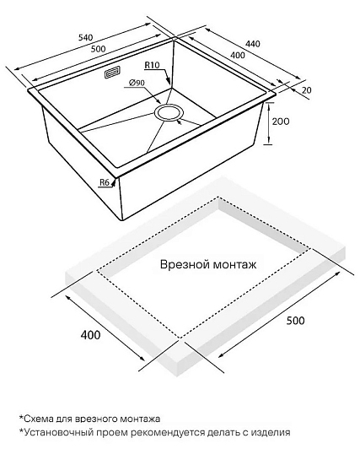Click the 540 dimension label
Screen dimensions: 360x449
pyautogui.click(x=85, y=37)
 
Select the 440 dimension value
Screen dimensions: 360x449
pyautogui.click(x=253, y=44)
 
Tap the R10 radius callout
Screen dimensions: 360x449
pyautogui.click(x=152, y=65)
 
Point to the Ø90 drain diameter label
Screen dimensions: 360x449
pyautogui.click(x=137, y=83)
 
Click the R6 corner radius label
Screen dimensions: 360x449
pyautogui.click(x=105, y=182)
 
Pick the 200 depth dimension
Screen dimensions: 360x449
pyautogui.click(x=281, y=122)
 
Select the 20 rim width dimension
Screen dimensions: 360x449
pyautogui.click(x=306, y=90)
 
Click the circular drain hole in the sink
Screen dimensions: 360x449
pyautogui.click(x=168, y=112)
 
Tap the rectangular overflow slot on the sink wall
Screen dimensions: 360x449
pyautogui.click(x=112, y=73)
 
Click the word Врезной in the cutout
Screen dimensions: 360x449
pyautogui.click(x=184, y=264)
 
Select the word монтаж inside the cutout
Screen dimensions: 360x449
pyautogui.click(x=234, y=265)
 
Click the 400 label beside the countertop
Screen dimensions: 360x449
pyautogui.click(x=91, y=335)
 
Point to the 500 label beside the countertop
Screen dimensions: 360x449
pyautogui.click(x=296, y=321)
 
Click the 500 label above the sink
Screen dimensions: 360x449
pyautogui.click(x=98, y=49)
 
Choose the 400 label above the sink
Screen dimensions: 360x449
pyautogui.click(x=238, y=55)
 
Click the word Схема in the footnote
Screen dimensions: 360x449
pyautogui.click(x=38, y=419)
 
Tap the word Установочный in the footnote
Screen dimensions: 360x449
pyautogui.click(x=55, y=432)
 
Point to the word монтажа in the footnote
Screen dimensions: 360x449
pyautogui.click(x=140, y=419)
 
